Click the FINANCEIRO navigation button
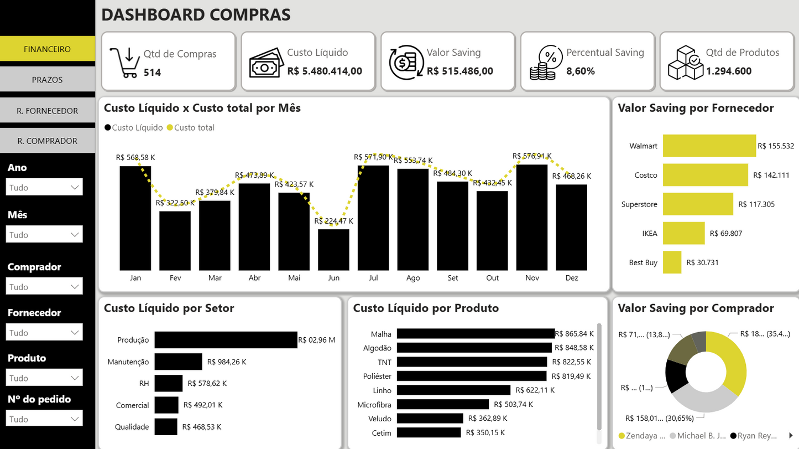point(47,49)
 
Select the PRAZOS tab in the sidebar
point(47,80)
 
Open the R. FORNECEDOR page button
point(47,111)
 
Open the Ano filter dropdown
point(44,187)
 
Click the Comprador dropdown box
point(44,287)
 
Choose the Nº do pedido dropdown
point(44,419)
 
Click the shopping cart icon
point(124,63)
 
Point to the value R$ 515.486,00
point(460,71)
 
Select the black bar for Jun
point(333,250)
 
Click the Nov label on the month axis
point(532,278)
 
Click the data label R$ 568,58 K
point(135,157)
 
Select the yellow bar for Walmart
point(709,146)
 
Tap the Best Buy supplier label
point(643,262)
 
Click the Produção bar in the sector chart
point(226,340)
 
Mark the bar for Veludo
point(430,419)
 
